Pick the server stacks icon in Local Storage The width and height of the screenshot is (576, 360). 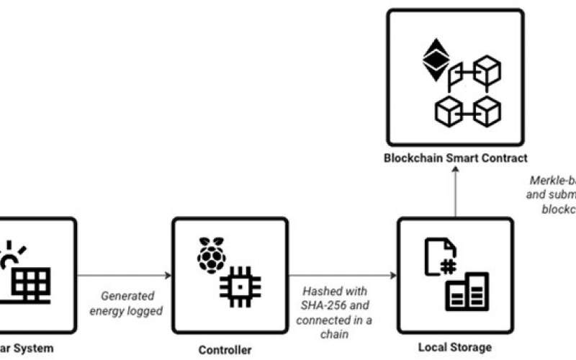[467, 291]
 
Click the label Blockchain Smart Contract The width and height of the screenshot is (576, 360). [455, 158]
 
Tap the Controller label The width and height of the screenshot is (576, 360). [225, 351]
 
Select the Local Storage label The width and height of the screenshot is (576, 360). [455, 348]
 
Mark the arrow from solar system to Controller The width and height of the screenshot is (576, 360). [124, 276]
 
